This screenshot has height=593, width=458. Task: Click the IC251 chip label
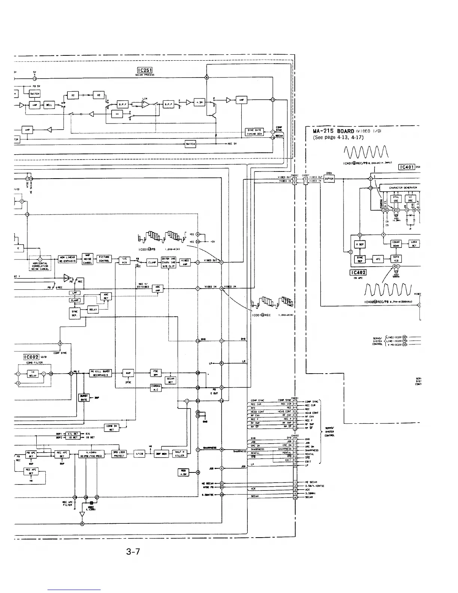(144, 70)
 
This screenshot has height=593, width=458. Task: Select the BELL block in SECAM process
(49, 105)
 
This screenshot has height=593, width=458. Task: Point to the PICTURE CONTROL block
(104, 259)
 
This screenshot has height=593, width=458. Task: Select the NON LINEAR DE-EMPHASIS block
(67, 259)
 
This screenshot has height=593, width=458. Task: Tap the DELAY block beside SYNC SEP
(93, 310)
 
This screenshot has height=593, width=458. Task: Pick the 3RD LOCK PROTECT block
(119, 454)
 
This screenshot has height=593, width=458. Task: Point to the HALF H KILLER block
(180, 454)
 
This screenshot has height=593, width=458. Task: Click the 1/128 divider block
(139, 454)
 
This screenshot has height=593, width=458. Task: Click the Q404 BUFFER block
(329, 179)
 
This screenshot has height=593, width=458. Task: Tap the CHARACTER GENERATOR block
(400, 188)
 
